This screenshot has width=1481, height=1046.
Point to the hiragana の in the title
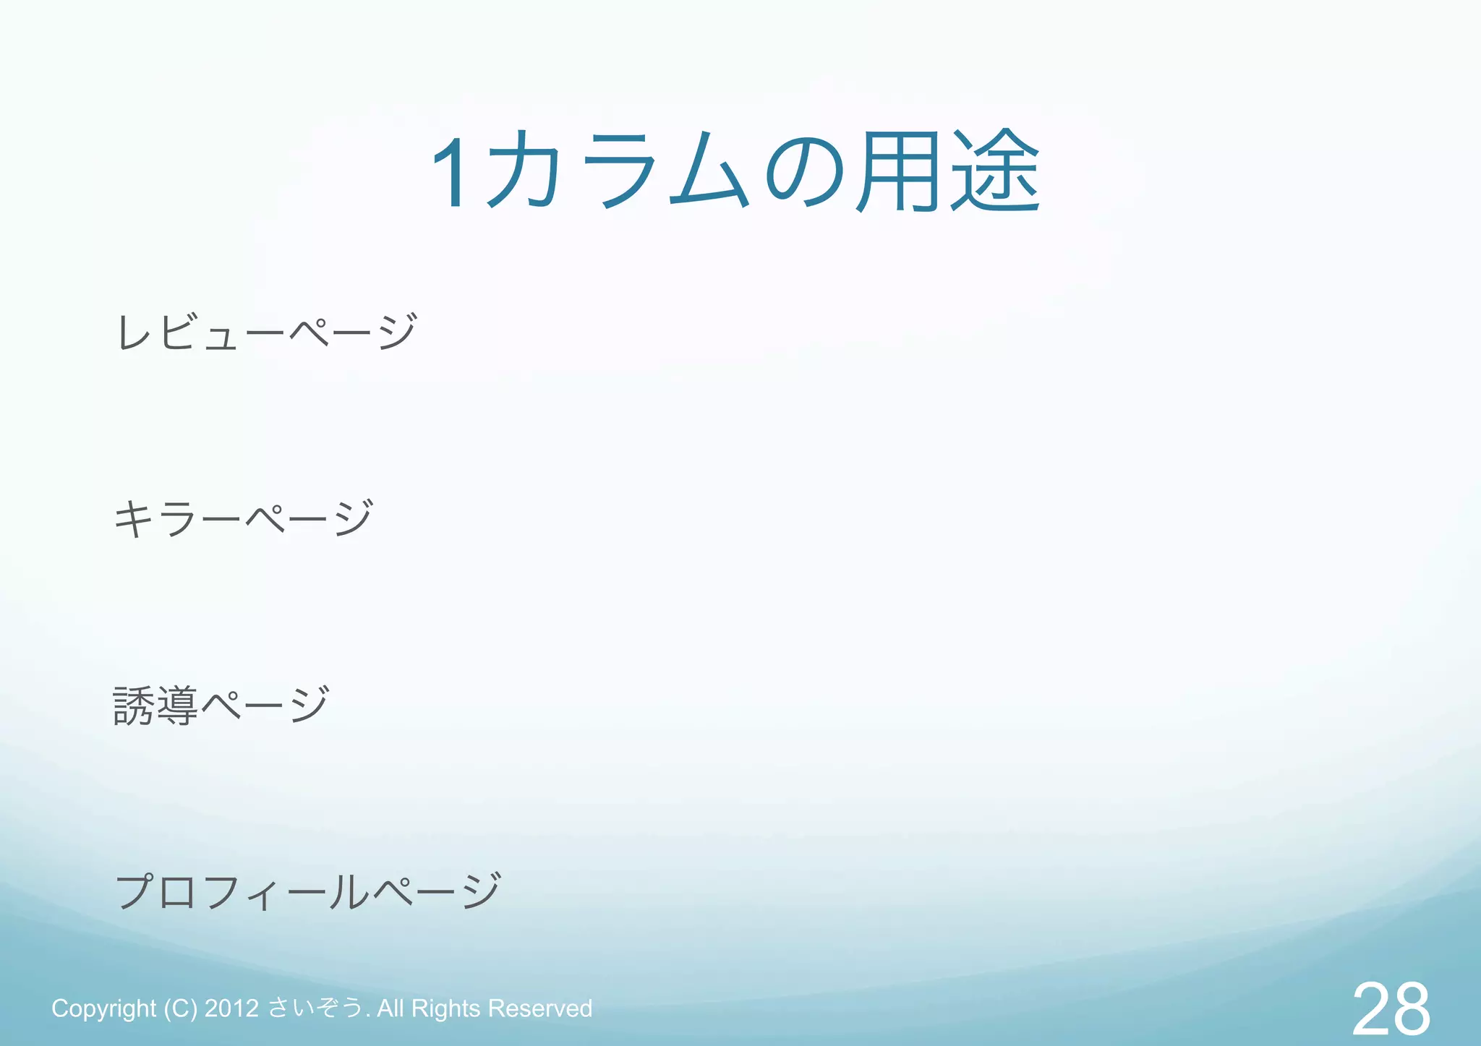(804, 172)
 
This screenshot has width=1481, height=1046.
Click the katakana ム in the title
(709, 172)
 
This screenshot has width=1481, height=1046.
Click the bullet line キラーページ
(244, 518)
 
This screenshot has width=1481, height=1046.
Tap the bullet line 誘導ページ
(221, 706)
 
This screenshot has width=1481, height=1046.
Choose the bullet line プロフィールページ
(308, 891)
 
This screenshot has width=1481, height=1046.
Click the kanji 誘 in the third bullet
(134, 706)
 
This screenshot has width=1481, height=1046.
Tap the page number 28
(1390, 1008)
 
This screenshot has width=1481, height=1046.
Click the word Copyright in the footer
(103, 1008)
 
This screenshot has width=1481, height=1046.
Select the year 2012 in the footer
(231, 1008)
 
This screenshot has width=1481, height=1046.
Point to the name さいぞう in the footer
(315, 1008)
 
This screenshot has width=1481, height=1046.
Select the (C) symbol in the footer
(180, 1008)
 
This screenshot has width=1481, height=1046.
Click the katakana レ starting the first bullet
(135, 333)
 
